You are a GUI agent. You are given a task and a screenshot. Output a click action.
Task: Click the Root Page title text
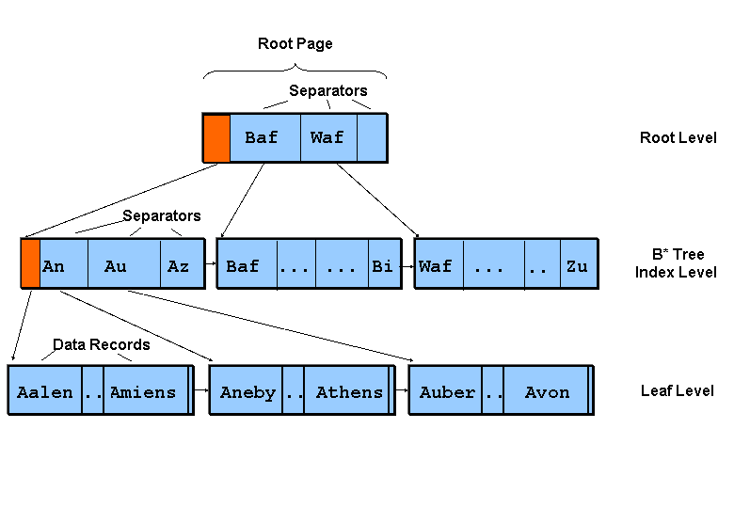[x=295, y=43]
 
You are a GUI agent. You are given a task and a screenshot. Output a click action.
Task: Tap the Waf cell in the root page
[x=327, y=137]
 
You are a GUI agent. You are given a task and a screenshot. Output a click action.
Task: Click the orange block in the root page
[x=216, y=137]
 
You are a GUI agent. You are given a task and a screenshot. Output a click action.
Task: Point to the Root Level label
[x=678, y=138]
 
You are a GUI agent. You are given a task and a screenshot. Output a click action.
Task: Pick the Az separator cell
[x=179, y=266]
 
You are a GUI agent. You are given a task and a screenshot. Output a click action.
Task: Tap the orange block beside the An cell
[x=30, y=264]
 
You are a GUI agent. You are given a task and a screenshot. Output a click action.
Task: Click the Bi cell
[x=382, y=266]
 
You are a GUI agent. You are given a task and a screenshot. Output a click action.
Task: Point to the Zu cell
[x=577, y=266]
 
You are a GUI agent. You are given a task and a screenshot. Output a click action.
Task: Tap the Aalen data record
[x=45, y=392]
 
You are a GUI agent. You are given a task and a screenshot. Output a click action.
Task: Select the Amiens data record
[x=144, y=392]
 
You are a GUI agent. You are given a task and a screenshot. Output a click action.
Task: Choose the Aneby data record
[x=248, y=392]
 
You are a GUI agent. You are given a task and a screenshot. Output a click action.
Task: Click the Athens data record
[x=348, y=392]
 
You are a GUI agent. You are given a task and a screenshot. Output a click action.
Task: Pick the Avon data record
[x=547, y=392]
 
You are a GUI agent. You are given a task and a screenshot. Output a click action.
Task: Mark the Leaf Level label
[x=678, y=390]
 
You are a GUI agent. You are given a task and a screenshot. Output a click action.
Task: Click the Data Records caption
[x=101, y=344]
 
